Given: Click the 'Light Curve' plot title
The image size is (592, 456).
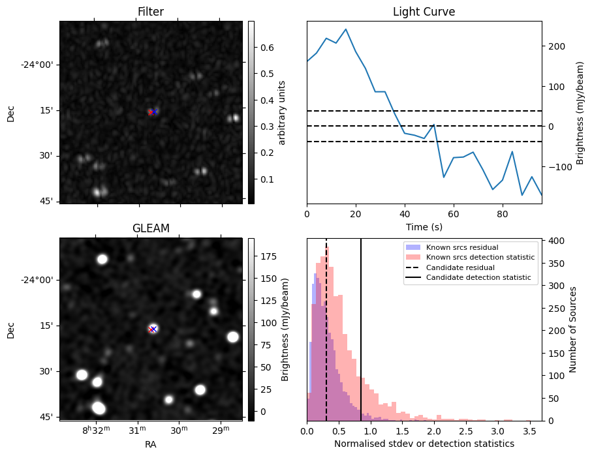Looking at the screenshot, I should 424,12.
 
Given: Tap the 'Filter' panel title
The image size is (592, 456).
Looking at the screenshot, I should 150,12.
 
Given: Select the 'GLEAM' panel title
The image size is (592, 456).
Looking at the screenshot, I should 150,228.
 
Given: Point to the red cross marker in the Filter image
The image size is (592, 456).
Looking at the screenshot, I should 151,112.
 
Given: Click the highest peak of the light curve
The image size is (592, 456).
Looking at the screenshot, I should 346,29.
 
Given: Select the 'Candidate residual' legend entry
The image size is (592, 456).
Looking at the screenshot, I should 460,268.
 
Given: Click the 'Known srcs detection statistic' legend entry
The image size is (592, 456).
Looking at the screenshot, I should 480,258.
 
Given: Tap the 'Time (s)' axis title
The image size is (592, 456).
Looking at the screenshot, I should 424,226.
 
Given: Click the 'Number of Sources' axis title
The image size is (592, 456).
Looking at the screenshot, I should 573,329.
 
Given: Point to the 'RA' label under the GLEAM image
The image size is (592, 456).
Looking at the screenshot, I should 150,444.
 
